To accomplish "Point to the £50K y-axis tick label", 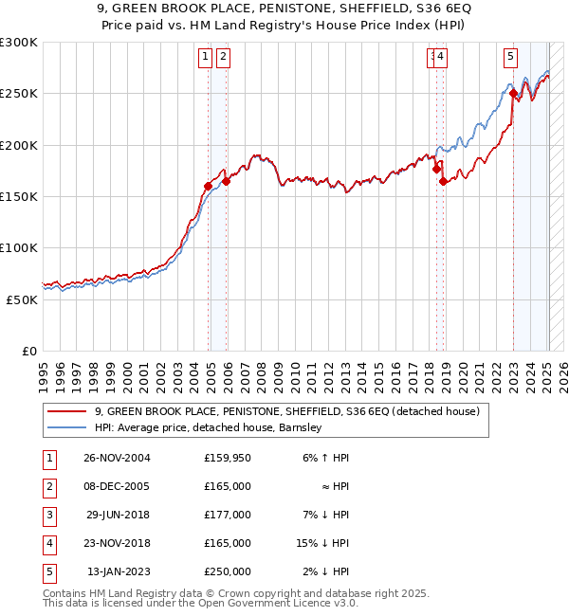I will pyautogui.click(x=22, y=299).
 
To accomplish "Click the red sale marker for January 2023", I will pyautogui.click(x=513, y=94).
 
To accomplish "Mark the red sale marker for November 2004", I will pyautogui.click(x=209, y=186).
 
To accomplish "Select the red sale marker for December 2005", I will pyautogui.click(x=226, y=181).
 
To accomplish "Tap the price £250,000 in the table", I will pyautogui.click(x=227, y=571).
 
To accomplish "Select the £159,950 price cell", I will pyautogui.click(x=227, y=458).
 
